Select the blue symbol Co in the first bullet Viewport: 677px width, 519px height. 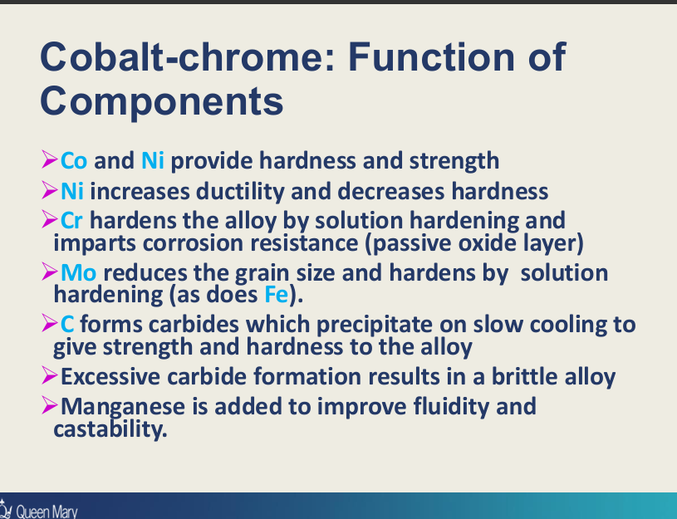75,160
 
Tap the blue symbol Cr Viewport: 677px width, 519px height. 73,221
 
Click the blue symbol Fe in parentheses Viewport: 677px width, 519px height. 275,294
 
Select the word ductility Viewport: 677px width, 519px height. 240,192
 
